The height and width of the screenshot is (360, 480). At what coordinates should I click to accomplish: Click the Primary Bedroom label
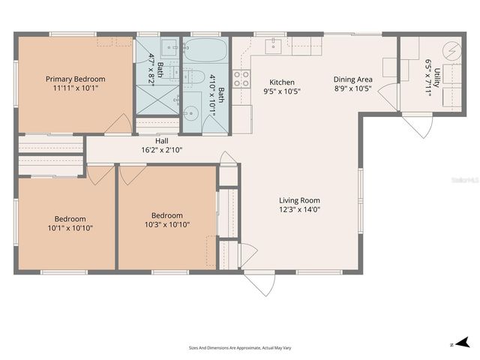(75, 79)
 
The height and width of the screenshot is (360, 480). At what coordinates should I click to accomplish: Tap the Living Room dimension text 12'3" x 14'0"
(299, 211)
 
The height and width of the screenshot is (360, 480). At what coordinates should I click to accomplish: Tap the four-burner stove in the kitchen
(241, 78)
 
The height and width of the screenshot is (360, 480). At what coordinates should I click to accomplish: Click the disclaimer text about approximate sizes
(239, 347)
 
